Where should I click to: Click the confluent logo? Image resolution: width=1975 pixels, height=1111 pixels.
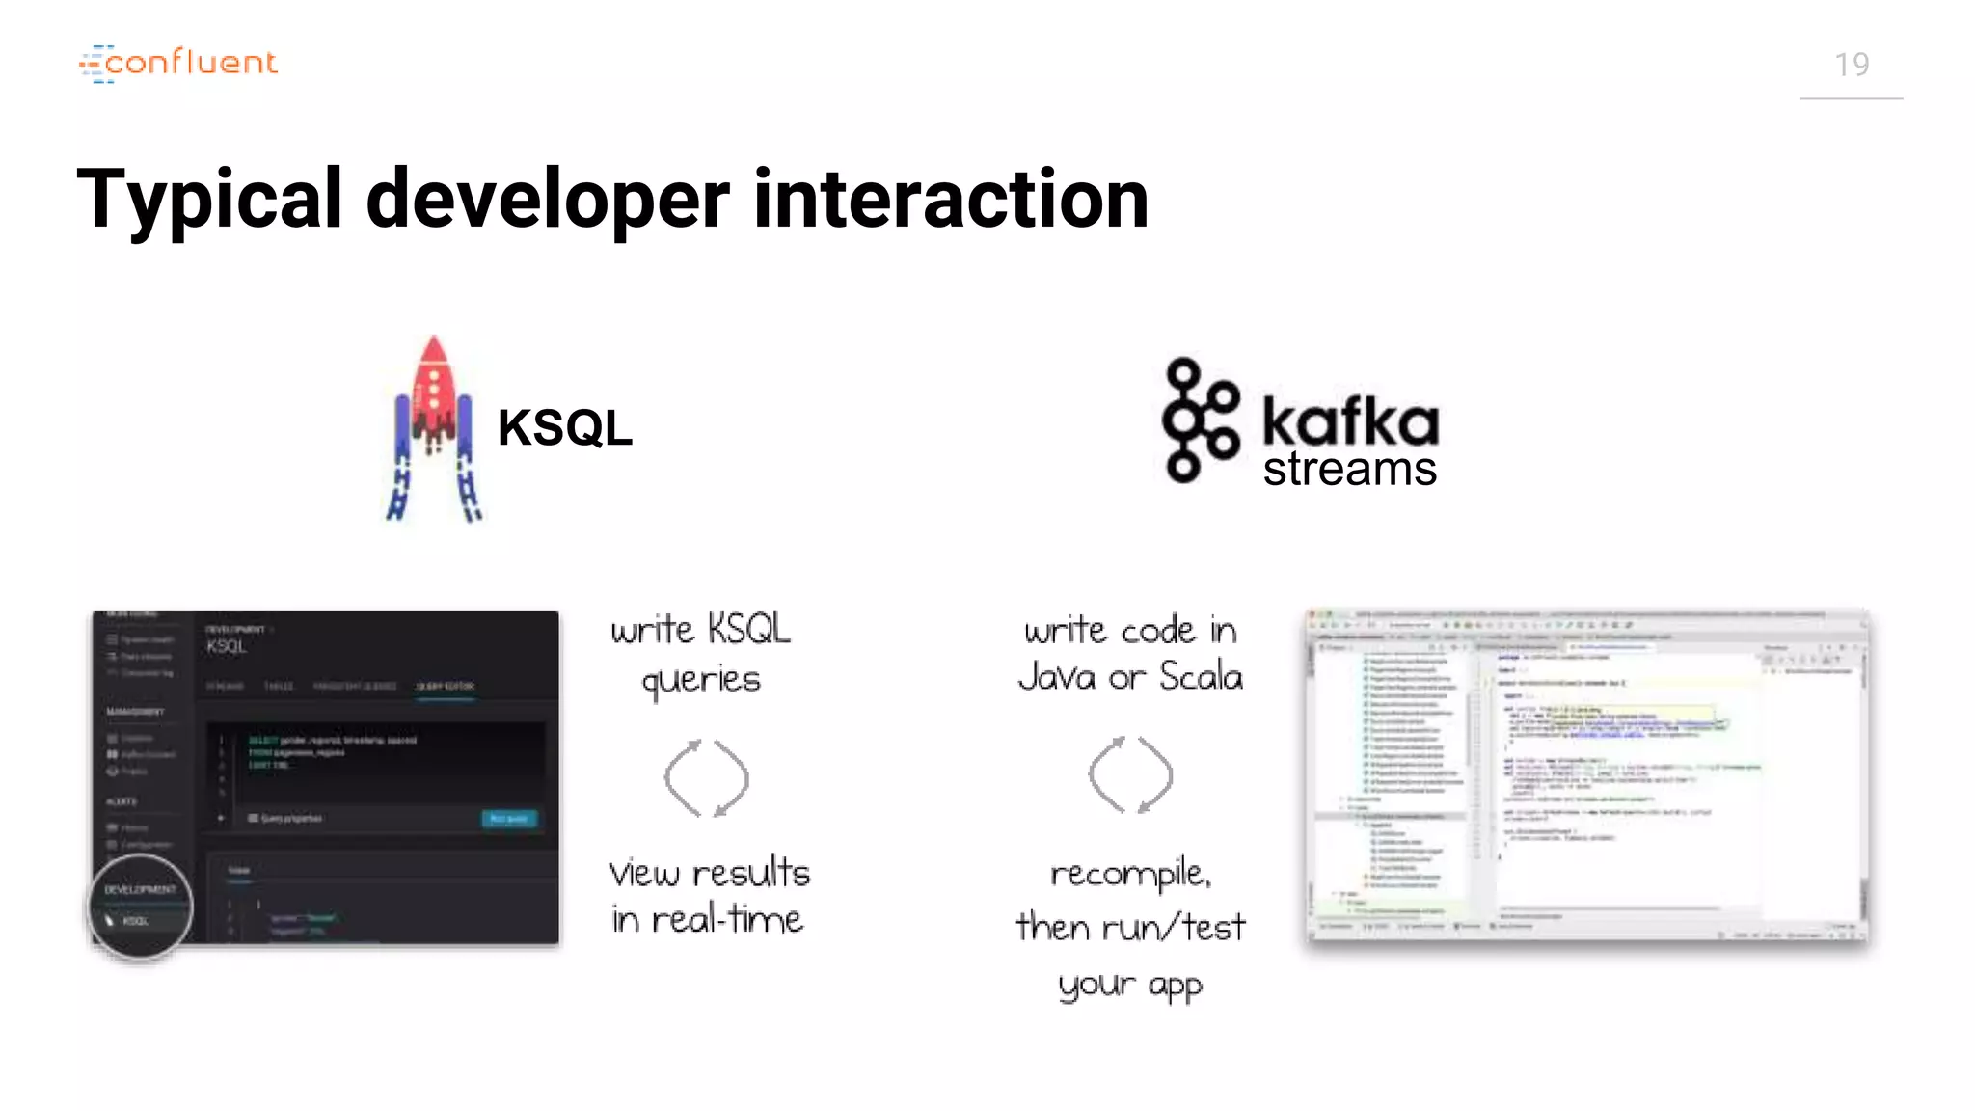(x=178, y=63)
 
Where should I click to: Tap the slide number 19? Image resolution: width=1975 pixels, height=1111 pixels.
(x=1851, y=65)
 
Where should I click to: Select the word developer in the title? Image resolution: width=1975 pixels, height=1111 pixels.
(x=547, y=200)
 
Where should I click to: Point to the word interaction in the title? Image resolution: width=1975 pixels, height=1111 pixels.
(x=950, y=200)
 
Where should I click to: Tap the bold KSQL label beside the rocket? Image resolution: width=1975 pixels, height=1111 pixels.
(x=564, y=427)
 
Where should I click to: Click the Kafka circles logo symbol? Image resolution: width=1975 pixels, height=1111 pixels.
(x=1199, y=420)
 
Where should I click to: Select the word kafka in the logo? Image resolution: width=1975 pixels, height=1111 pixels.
(x=1350, y=421)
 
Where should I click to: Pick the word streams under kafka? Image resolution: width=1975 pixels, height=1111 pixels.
(x=1349, y=470)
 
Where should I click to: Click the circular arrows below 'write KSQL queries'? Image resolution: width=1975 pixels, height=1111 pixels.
(x=706, y=777)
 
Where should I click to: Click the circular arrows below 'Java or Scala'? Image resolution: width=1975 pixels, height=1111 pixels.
(x=1130, y=774)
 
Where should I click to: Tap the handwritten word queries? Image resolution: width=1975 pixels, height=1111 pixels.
(x=701, y=681)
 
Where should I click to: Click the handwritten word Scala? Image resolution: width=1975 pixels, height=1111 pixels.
(x=1201, y=676)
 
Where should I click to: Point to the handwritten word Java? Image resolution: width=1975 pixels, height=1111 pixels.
(x=1058, y=676)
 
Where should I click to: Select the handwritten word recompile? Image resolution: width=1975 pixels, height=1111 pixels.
(x=1130, y=875)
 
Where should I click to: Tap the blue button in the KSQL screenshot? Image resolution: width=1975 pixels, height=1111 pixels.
(x=508, y=819)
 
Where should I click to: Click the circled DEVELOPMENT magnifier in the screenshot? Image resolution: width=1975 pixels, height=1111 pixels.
(x=140, y=906)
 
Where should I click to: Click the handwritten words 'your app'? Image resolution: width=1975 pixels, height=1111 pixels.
(x=1130, y=986)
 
